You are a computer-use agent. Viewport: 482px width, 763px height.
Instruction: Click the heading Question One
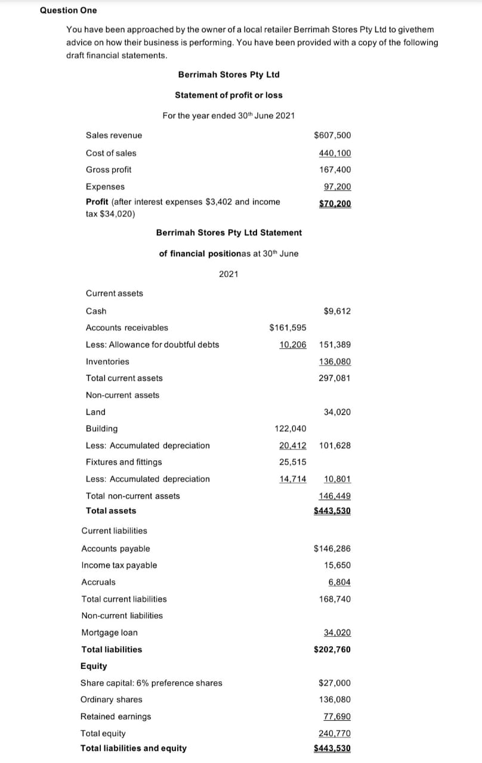(x=68, y=10)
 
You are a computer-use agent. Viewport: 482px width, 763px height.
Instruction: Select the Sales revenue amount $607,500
(x=332, y=135)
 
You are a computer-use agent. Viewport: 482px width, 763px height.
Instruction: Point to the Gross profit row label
(x=109, y=170)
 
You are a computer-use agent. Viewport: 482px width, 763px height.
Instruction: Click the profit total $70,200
(x=335, y=204)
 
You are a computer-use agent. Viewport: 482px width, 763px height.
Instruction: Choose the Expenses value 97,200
(x=337, y=187)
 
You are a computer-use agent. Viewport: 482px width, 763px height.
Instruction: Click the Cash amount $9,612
(x=337, y=311)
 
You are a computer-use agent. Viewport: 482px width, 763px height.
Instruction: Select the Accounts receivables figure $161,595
(x=288, y=327)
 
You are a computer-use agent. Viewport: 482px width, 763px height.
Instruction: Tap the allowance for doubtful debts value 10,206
(x=292, y=345)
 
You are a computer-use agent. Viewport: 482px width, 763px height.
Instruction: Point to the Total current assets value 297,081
(x=335, y=378)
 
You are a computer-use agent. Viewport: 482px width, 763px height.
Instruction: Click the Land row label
(x=95, y=412)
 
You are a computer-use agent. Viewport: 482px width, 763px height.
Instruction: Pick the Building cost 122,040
(x=291, y=429)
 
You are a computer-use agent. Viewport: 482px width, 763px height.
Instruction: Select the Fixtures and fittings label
(x=123, y=462)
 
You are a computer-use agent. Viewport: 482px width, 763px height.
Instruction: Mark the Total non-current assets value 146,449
(x=335, y=496)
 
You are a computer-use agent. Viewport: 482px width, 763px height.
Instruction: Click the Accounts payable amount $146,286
(x=332, y=548)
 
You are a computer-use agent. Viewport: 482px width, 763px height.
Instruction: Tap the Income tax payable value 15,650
(x=337, y=565)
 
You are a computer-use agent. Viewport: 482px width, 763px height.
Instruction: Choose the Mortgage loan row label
(x=109, y=632)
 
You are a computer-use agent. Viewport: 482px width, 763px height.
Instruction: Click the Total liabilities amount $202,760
(x=332, y=649)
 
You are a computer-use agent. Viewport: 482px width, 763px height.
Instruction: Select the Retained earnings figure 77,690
(x=337, y=717)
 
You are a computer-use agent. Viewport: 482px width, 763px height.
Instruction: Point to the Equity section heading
(x=94, y=666)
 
